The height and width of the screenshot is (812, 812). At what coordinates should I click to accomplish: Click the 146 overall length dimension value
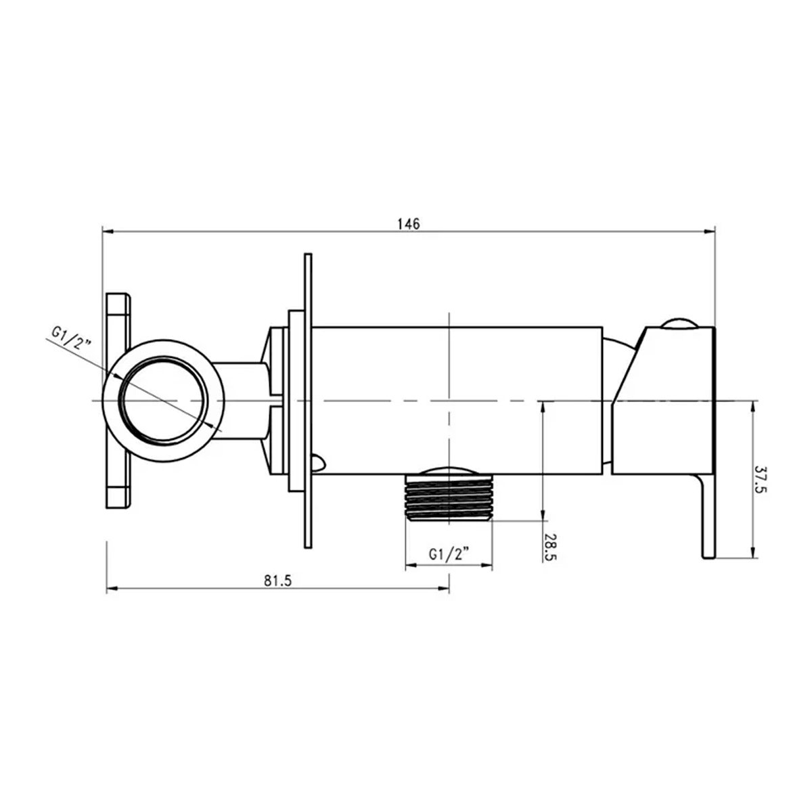408,224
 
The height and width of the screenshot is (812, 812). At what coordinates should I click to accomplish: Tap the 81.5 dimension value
277,581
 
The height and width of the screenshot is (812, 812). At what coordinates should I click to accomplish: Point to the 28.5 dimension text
549,547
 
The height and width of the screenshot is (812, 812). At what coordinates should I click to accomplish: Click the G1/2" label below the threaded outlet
449,554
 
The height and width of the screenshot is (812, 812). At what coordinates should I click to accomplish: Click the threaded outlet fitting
449,497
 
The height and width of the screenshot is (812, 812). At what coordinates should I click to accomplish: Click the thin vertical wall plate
308,401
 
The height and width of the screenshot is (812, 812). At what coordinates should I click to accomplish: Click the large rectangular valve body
457,401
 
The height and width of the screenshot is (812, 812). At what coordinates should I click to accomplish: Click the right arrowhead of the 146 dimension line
710,231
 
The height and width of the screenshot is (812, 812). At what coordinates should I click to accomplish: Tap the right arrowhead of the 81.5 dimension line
444,589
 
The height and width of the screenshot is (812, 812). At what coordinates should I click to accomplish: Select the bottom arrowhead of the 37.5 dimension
753,553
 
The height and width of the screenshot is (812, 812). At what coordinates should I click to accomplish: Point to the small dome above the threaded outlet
449,471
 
